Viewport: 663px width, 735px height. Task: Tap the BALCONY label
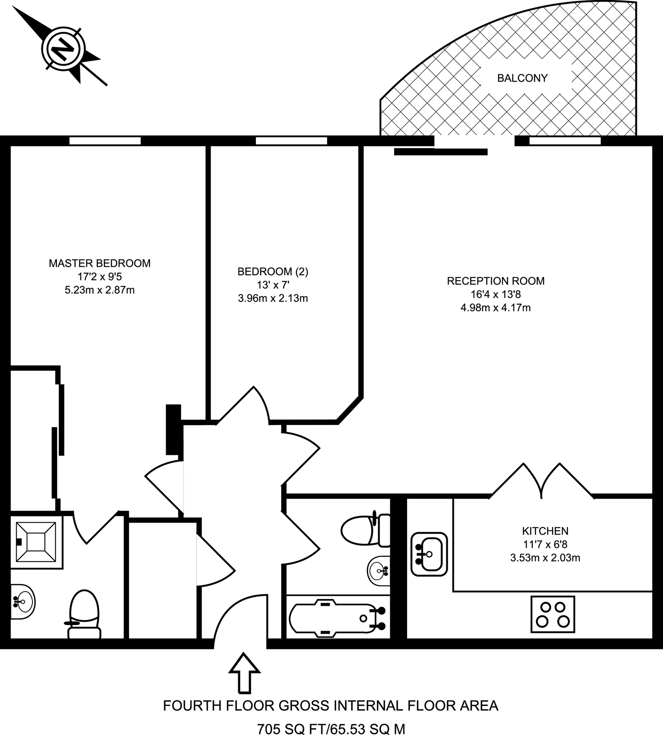tap(522, 78)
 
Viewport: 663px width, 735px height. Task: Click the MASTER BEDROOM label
tap(100, 263)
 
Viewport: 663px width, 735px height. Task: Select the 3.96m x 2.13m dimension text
tap(273, 298)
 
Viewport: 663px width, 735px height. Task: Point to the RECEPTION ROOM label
tap(495, 281)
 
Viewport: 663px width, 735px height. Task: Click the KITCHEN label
tap(545, 531)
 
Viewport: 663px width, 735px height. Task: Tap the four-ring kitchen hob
tap(552, 615)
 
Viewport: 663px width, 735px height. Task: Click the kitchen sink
tap(429, 554)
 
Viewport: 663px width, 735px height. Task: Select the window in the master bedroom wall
tap(105, 141)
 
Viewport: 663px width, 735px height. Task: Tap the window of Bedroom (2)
tap(291, 141)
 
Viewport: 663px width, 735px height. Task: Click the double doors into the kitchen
tap(541, 482)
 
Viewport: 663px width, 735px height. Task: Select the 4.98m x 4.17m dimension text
tap(495, 308)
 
